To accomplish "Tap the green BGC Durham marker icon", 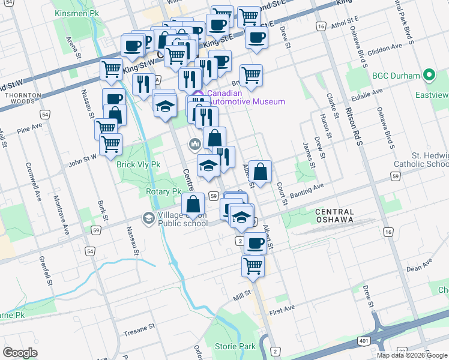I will [429, 76].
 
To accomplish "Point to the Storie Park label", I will [235, 346].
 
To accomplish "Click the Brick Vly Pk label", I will [139, 164].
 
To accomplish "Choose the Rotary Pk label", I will [163, 192].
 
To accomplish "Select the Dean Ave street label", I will [419, 265].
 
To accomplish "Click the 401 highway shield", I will [364, 341].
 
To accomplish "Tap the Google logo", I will [20, 353].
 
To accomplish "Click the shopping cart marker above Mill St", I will [253, 265].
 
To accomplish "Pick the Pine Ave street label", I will [30, 128].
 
